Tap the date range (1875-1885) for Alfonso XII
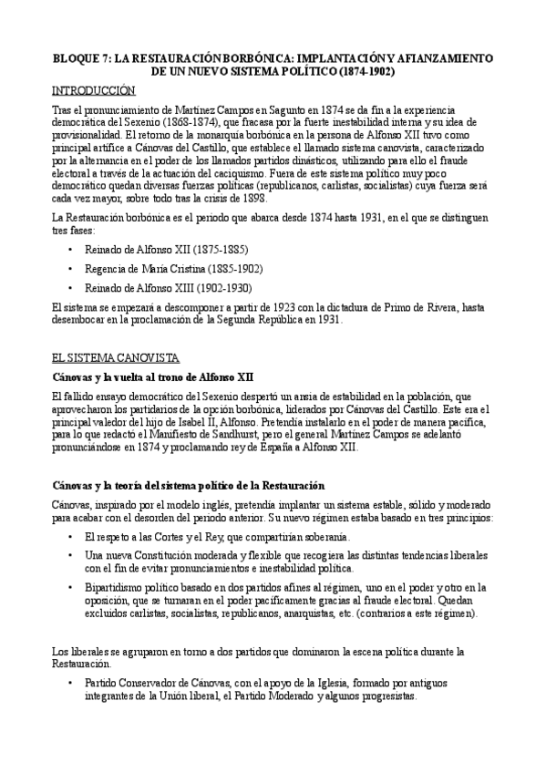[211, 249]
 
